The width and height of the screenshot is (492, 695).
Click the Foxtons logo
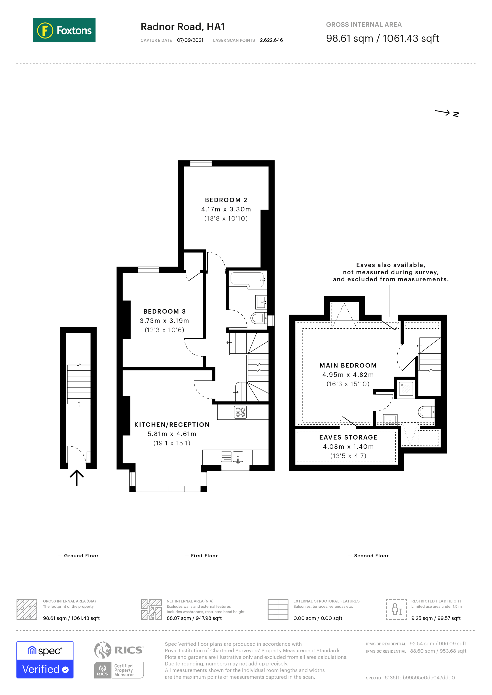click(64, 30)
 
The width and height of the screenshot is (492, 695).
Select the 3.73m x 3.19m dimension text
click(164, 321)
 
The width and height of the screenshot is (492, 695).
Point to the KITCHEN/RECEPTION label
click(172, 425)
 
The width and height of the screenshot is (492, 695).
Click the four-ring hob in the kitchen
click(240, 412)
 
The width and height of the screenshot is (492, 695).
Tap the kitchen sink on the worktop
click(238, 456)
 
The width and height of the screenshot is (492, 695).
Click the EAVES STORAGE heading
click(348, 437)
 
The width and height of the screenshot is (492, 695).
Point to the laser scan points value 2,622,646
click(271, 40)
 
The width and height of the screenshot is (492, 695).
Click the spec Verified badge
click(45, 660)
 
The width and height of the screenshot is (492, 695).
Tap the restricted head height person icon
click(396, 610)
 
